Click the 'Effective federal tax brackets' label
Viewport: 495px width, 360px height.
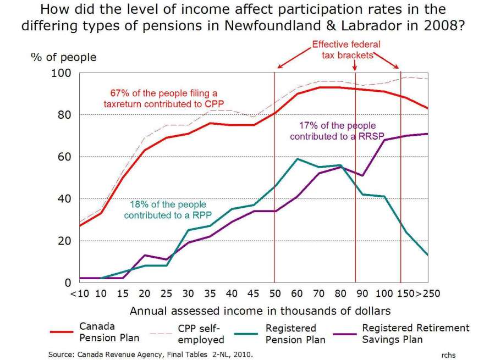tap(346, 49)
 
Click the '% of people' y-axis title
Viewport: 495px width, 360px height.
tap(75, 57)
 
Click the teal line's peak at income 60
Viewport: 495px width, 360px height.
tap(298, 159)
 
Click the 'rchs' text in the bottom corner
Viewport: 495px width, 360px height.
tap(448, 355)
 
